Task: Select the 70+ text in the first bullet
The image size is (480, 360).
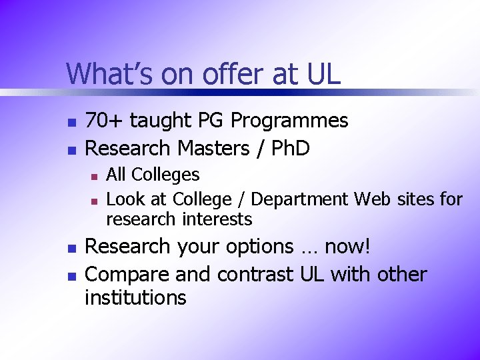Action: pyautogui.click(x=105, y=121)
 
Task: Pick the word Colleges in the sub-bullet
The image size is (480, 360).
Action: pyautogui.click(x=165, y=175)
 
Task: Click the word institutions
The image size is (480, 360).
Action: pyautogui.click(x=135, y=297)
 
